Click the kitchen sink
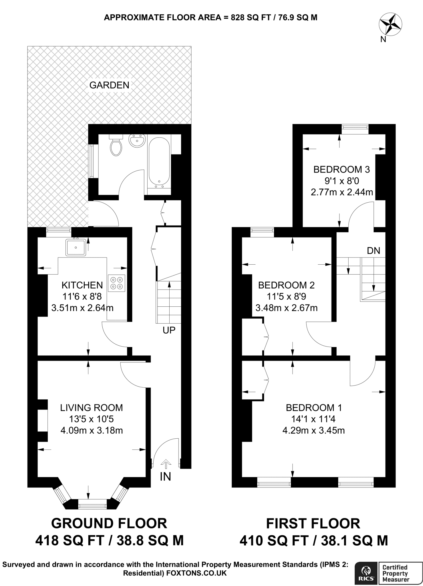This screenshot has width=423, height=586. pos(76,247)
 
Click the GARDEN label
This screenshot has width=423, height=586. pos(109,85)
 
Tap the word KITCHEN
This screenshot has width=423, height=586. pos(82,285)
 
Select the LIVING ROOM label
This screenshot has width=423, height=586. pos(92,407)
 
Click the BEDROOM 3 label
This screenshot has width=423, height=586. pos(342,169)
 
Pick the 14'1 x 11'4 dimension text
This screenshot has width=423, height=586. pos(313,419)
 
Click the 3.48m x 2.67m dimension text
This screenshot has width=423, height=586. pos(287,308)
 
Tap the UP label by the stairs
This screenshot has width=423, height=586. pos(169,330)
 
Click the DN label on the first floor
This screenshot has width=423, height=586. pos(374,251)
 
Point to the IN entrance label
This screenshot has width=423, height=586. pos(165,477)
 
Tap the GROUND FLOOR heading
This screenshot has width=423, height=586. pos(109,523)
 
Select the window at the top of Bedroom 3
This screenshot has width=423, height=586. pos(355,129)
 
